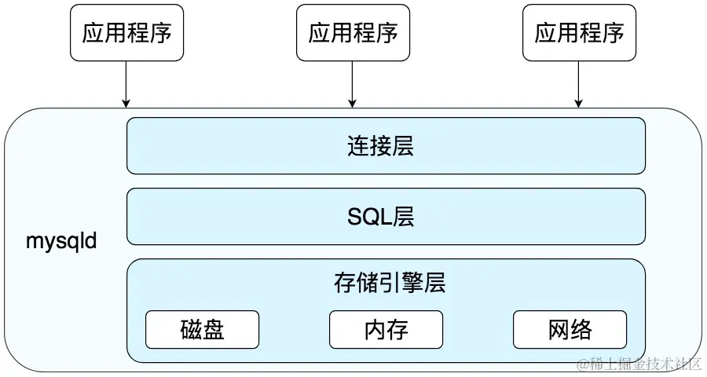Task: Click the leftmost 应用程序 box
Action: click(x=126, y=32)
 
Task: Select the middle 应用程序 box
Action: click(x=353, y=32)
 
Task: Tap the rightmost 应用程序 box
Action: click(x=579, y=32)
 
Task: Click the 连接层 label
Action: click(x=379, y=146)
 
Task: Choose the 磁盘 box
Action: click(x=202, y=329)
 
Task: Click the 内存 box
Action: click(x=386, y=329)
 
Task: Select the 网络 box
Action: click(x=570, y=329)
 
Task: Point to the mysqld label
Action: click(x=60, y=240)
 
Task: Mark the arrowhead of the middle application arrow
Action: click(x=353, y=103)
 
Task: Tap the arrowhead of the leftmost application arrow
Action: click(x=126, y=103)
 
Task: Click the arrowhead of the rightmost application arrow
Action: click(x=579, y=103)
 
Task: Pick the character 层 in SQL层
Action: click(x=403, y=216)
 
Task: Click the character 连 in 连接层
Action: click(x=357, y=146)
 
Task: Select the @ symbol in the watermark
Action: click(x=582, y=364)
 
